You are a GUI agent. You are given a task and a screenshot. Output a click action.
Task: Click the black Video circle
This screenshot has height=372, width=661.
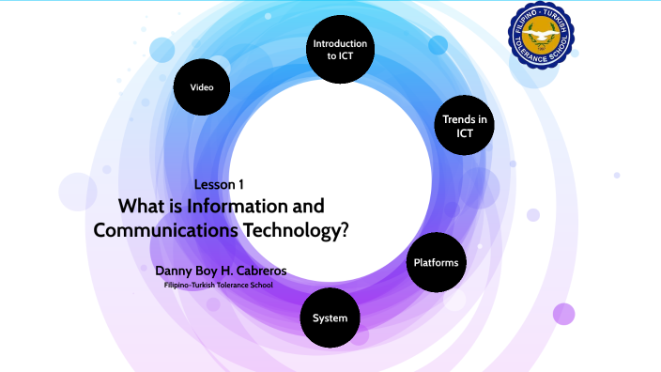coord(202,86)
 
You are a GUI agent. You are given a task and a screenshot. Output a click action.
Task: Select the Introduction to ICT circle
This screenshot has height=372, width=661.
coord(340,50)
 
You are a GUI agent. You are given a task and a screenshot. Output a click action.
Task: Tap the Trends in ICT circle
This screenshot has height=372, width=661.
coord(464,126)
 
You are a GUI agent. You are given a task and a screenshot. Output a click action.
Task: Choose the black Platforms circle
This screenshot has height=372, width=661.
coord(436,262)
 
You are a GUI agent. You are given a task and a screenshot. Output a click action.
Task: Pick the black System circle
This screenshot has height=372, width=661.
coord(330,318)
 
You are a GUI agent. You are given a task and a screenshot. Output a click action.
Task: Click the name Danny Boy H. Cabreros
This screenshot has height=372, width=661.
coord(221,271)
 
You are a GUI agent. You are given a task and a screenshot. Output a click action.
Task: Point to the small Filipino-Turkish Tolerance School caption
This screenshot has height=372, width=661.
coord(218,285)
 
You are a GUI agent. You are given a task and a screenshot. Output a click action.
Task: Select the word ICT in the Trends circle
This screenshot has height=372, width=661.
coord(464,133)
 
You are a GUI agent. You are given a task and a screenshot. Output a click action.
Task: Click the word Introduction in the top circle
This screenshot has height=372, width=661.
coord(340,43)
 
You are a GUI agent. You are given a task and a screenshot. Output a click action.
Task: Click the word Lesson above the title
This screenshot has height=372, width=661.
coord(212,184)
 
